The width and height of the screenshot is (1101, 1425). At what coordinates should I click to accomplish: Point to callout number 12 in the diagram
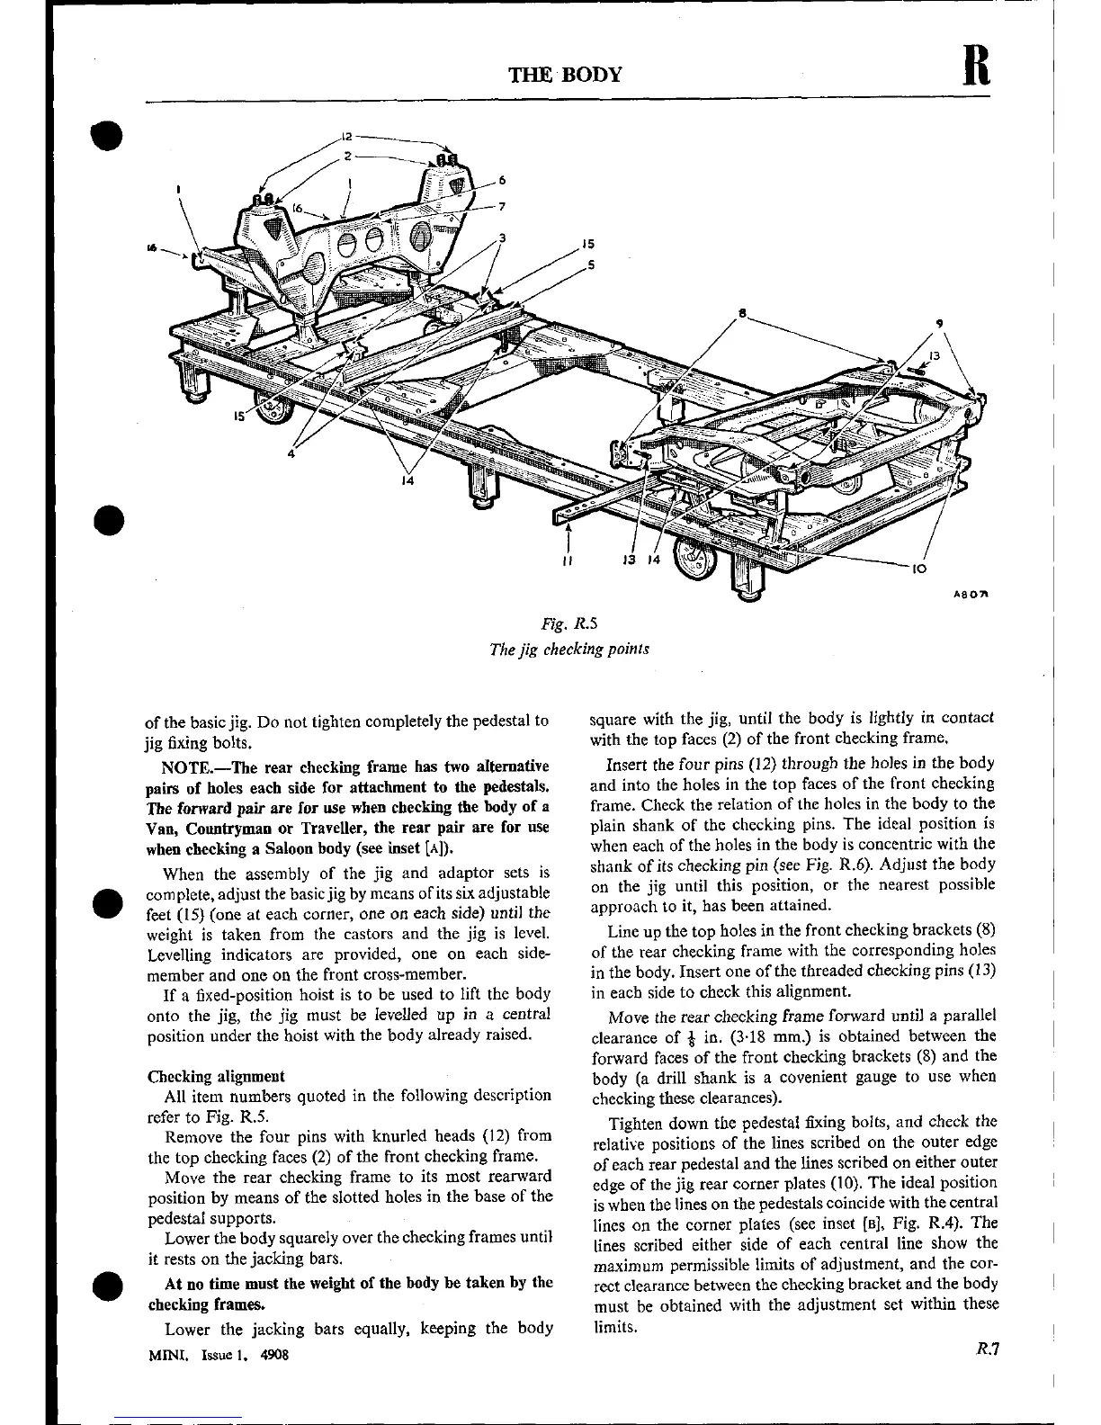[346, 138]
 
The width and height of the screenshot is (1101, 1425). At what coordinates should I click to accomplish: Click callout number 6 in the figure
[502, 180]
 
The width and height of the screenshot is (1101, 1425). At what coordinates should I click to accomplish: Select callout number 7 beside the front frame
[502, 206]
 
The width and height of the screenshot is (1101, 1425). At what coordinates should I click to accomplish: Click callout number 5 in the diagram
[590, 264]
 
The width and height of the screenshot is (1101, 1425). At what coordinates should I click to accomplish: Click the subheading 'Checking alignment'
[216, 1076]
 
